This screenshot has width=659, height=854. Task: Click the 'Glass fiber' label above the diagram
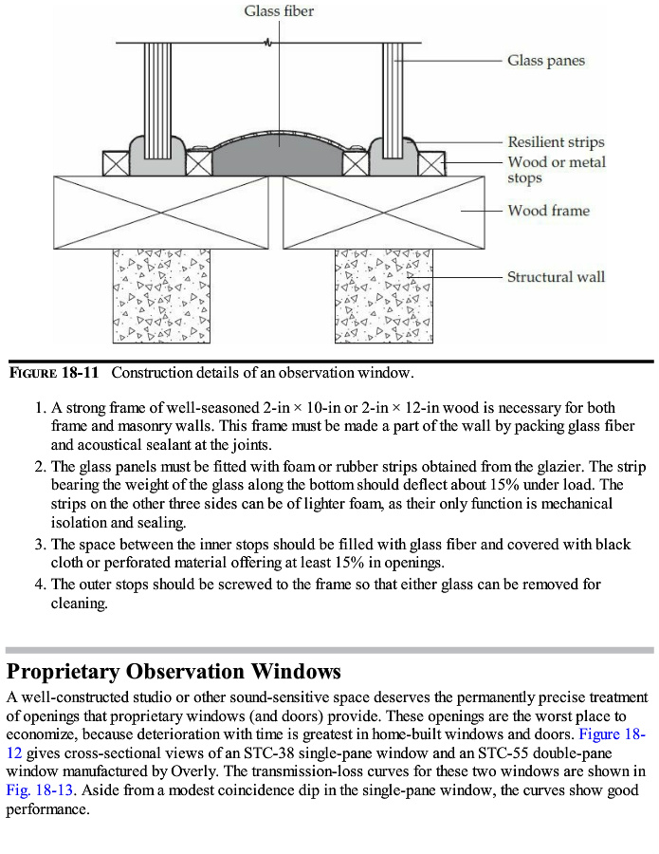279,11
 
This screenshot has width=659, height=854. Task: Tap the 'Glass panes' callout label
545,61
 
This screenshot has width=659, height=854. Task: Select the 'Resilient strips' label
555,142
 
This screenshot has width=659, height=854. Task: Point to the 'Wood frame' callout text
548,211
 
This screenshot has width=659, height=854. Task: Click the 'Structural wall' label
556,277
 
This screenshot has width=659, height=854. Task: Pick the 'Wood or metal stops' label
556,170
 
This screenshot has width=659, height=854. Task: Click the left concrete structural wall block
161,296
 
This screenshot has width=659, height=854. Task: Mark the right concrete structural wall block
383,296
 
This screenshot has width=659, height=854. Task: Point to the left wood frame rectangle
167,212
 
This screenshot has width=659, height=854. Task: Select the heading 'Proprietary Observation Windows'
174,672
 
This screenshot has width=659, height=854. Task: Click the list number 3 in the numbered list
40,545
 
